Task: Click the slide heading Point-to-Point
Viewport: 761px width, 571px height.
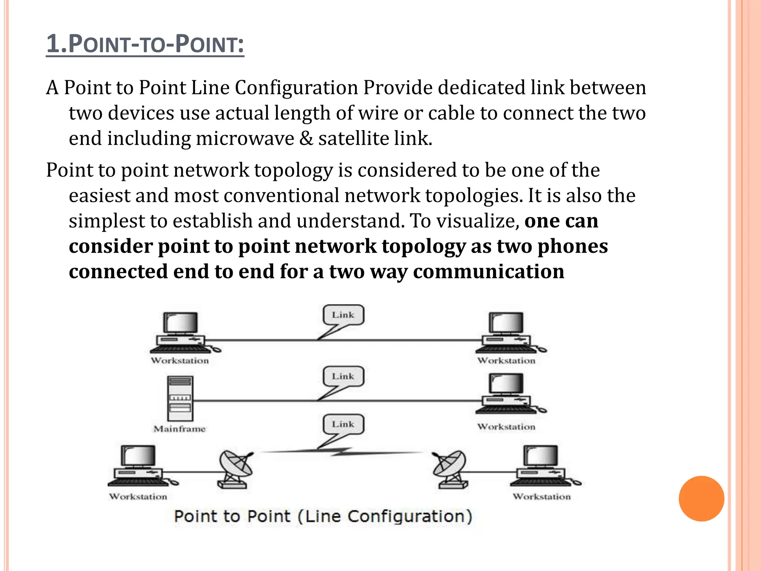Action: [x=145, y=44]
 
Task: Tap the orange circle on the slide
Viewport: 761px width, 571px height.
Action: [x=701, y=499]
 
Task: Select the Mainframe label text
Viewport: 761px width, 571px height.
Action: [x=179, y=429]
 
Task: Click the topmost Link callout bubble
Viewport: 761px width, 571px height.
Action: [x=343, y=315]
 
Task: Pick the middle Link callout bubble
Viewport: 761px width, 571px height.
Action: [x=343, y=376]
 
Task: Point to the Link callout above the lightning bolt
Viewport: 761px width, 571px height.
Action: [x=343, y=424]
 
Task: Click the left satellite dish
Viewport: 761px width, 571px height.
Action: [x=235, y=468]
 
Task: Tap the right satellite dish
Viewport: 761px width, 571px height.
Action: [x=450, y=468]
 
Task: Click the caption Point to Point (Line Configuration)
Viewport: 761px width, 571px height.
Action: [x=323, y=516]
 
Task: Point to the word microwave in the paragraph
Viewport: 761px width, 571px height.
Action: [x=245, y=139]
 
